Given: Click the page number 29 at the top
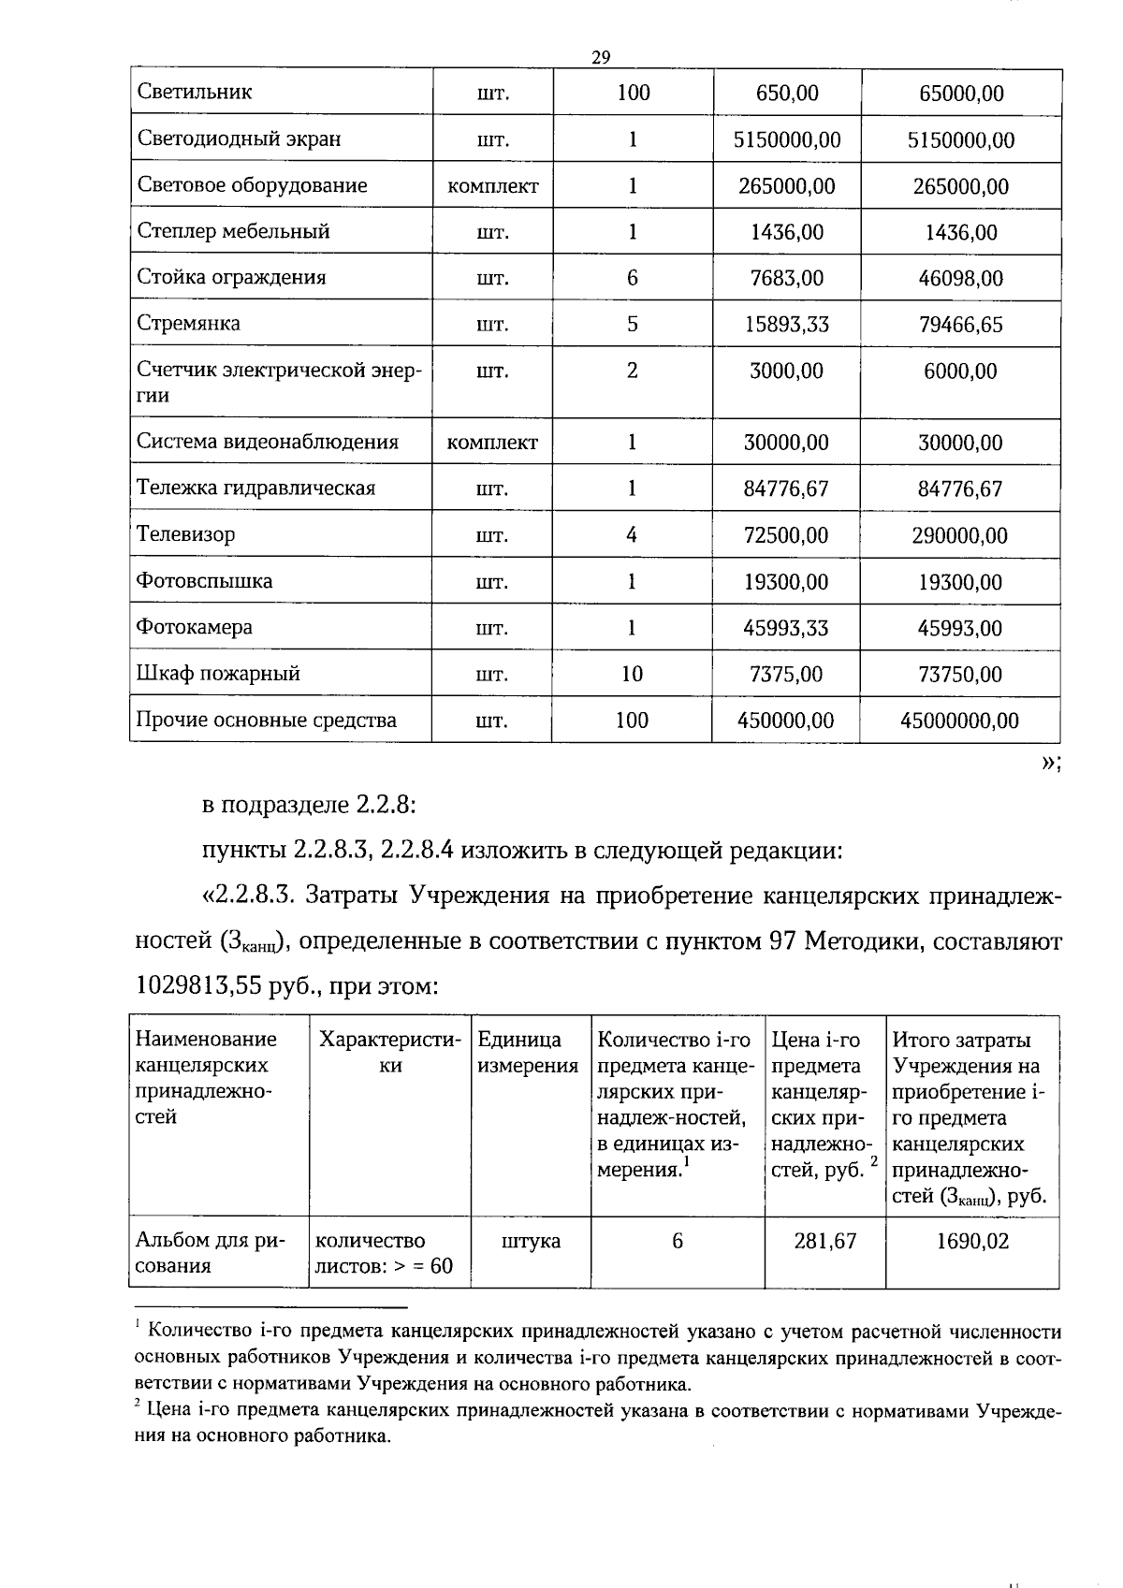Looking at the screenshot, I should pos(601,58).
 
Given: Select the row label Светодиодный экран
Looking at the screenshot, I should pos(239,139).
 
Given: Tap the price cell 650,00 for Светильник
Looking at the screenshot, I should pos(786,93).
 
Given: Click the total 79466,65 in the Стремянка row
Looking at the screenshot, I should pos(960,325).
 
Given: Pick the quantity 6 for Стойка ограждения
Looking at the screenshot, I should pos(633,278).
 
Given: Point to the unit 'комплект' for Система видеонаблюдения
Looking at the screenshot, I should pos(492,443).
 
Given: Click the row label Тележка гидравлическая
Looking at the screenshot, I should pos(255,488).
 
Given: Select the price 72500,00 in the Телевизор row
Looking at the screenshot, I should pos(786,535).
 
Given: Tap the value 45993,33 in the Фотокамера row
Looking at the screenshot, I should pos(786,628).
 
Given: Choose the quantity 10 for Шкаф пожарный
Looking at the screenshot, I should pos(633,674).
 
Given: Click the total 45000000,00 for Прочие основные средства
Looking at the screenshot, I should pos(960,721).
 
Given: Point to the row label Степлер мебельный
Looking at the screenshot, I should pos(233,231).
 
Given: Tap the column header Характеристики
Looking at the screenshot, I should pos(390,1053).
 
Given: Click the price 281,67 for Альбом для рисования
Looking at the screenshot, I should pos(824,1241).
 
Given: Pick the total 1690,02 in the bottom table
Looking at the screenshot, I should pos(972,1241).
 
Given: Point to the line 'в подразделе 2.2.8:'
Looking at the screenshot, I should pos(308,805).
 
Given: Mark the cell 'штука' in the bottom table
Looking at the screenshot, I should pos(531,1241).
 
